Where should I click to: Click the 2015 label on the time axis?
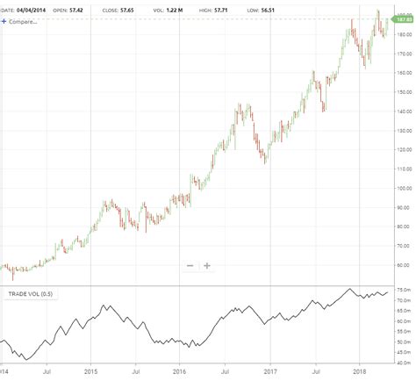(90, 371)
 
